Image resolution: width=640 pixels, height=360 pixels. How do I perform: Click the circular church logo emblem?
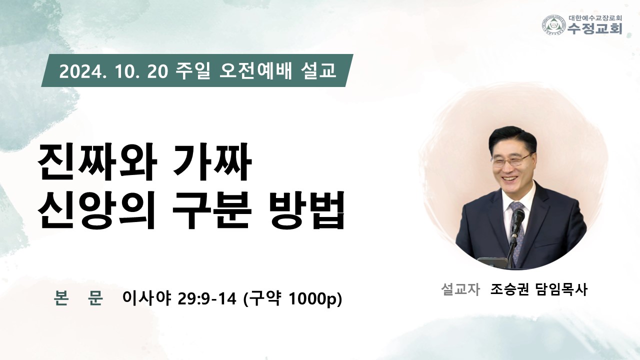[x=554, y=25]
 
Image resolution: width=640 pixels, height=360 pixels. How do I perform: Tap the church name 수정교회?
[x=594, y=28]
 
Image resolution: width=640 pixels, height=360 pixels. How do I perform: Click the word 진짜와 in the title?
[x=97, y=162]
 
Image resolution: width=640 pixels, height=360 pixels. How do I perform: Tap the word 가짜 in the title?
[x=212, y=162]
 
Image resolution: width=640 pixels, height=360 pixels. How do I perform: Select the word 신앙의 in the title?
[x=96, y=210]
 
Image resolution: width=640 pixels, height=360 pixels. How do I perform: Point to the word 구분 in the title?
[x=211, y=210]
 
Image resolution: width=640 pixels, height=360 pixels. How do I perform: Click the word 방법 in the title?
[x=306, y=210]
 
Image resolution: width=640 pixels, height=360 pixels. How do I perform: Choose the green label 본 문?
[x=78, y=298]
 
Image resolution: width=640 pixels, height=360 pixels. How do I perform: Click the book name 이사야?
[x=146, y=298]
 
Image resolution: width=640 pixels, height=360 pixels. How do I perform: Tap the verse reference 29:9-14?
[x=207, y=299]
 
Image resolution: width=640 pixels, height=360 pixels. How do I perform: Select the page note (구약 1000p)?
[x=292, y=299]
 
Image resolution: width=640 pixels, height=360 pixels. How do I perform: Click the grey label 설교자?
[x=460, y=289]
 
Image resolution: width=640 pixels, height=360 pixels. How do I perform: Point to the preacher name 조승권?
[x=509, y=289]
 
